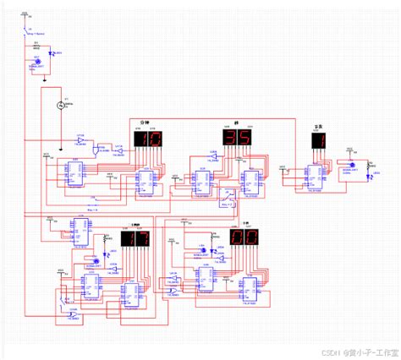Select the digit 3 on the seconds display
[229, 138]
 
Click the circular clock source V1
[61, 106]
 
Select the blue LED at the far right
[371, 175]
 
